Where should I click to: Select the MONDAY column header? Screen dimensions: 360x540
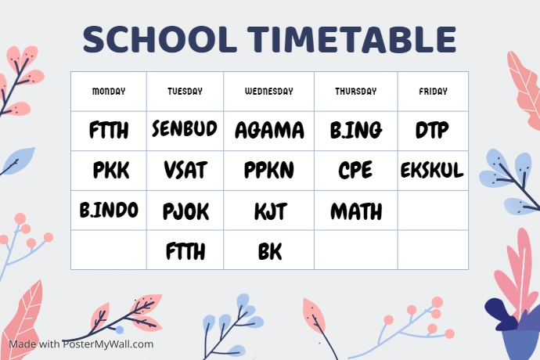(109, 92)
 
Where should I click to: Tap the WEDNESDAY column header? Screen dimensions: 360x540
(269, 92)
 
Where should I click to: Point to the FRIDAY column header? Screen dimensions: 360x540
(433, 92)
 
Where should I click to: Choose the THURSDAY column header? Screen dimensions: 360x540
(356, 92)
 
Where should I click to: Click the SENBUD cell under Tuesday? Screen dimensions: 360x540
(185, 128)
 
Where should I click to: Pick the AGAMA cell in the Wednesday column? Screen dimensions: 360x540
(269, 130)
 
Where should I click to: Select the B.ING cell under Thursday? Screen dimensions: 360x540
(356, 130)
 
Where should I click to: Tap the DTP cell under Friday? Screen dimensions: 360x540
(432, 130)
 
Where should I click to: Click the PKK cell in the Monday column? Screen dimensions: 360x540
(111, 171)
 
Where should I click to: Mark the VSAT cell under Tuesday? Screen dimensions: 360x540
(185, 171)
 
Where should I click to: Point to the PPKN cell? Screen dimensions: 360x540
(269, 171)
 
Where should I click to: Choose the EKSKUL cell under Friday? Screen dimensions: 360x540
(432, 170)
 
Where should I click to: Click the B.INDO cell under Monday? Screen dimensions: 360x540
(109, 210)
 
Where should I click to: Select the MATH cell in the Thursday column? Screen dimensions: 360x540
(356, 211)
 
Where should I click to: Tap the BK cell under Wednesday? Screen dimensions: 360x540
(269, 252)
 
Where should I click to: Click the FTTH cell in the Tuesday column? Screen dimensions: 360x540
(185, 252)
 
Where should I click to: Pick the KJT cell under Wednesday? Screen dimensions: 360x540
(270, 211)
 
